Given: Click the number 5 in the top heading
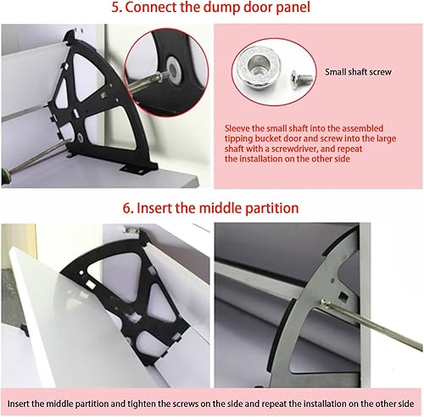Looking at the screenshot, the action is coord(115,7).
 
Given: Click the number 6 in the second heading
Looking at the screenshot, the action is coord(127,208).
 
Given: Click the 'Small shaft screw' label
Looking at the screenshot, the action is coord(358,72).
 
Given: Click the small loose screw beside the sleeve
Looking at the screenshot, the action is coord(302,77).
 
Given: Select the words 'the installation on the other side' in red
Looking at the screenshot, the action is coord(287,159).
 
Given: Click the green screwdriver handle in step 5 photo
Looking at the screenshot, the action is coord(5,177).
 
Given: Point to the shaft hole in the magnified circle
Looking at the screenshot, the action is coord(174,69).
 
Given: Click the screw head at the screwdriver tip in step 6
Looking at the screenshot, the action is coord(325,303).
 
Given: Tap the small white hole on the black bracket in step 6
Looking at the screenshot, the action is coord(81,273).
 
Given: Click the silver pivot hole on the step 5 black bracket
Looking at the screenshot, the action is coord(81,138).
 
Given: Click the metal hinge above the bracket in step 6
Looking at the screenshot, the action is coord(131,230).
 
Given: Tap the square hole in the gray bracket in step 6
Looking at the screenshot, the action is coord(343,296).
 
